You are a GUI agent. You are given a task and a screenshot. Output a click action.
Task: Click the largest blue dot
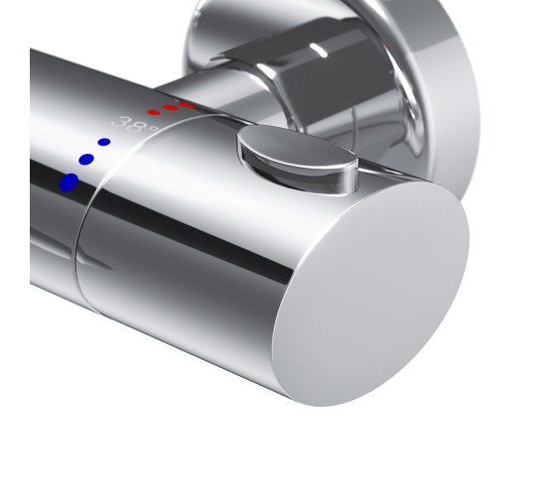(x=69, y=183)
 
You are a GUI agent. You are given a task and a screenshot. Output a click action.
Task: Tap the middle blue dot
(x=86, y=160)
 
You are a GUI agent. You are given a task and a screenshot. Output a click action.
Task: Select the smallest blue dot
(x=104, y=142)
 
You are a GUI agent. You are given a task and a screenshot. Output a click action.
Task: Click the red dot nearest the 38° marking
(x=154, y=112)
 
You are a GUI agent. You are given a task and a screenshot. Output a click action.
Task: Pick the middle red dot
(x=171, y=107)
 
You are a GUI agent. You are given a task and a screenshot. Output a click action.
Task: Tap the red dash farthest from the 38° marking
(x=188, y=105)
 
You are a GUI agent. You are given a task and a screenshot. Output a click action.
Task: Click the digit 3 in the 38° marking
(x=120, y=122)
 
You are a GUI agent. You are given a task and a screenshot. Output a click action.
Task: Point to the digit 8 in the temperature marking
(x=136, y=126)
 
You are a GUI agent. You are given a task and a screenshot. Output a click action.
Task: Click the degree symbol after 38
(x=153, y=128)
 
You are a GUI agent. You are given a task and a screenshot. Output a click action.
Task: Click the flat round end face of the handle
(x=370, y=294)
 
